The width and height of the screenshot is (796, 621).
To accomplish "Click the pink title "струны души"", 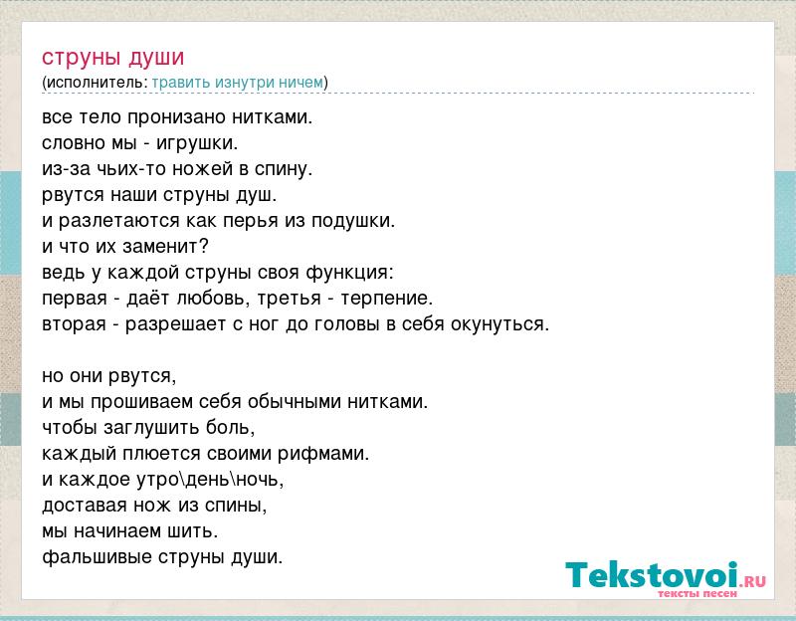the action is (112, 58).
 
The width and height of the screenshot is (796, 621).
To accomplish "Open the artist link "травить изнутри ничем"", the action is (237, 83).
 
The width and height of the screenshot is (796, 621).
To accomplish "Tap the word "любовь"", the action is (211, 298).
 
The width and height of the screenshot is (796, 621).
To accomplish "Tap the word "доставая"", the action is (85, 506).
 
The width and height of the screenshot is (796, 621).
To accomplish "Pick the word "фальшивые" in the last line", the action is (97, 557).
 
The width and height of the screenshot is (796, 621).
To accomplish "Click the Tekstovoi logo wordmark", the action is (653, 574).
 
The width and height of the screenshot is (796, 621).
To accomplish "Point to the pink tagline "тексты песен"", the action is (697, 593).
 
